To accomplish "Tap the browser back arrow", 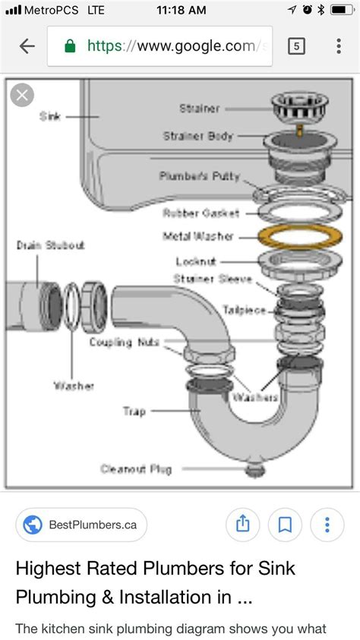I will click(x=27, y=46).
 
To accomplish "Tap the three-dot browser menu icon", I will click(x=338, y=46).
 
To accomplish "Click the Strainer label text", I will click(x=200, y=109).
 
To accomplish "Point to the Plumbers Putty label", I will click(x=200, y=176).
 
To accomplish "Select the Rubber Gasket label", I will click(x=201, y=213).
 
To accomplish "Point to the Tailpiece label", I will click(x=244, y=309).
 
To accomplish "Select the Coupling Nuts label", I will click(x=124, y=342).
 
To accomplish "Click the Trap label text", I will click(x=134, y=411).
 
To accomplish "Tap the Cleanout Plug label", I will click(x=137, y=468).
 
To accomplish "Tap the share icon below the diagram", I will click(x=242, y=524).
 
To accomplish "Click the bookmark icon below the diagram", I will click(x=285, y=524).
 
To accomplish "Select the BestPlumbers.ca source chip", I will click(x=81, y=524).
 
